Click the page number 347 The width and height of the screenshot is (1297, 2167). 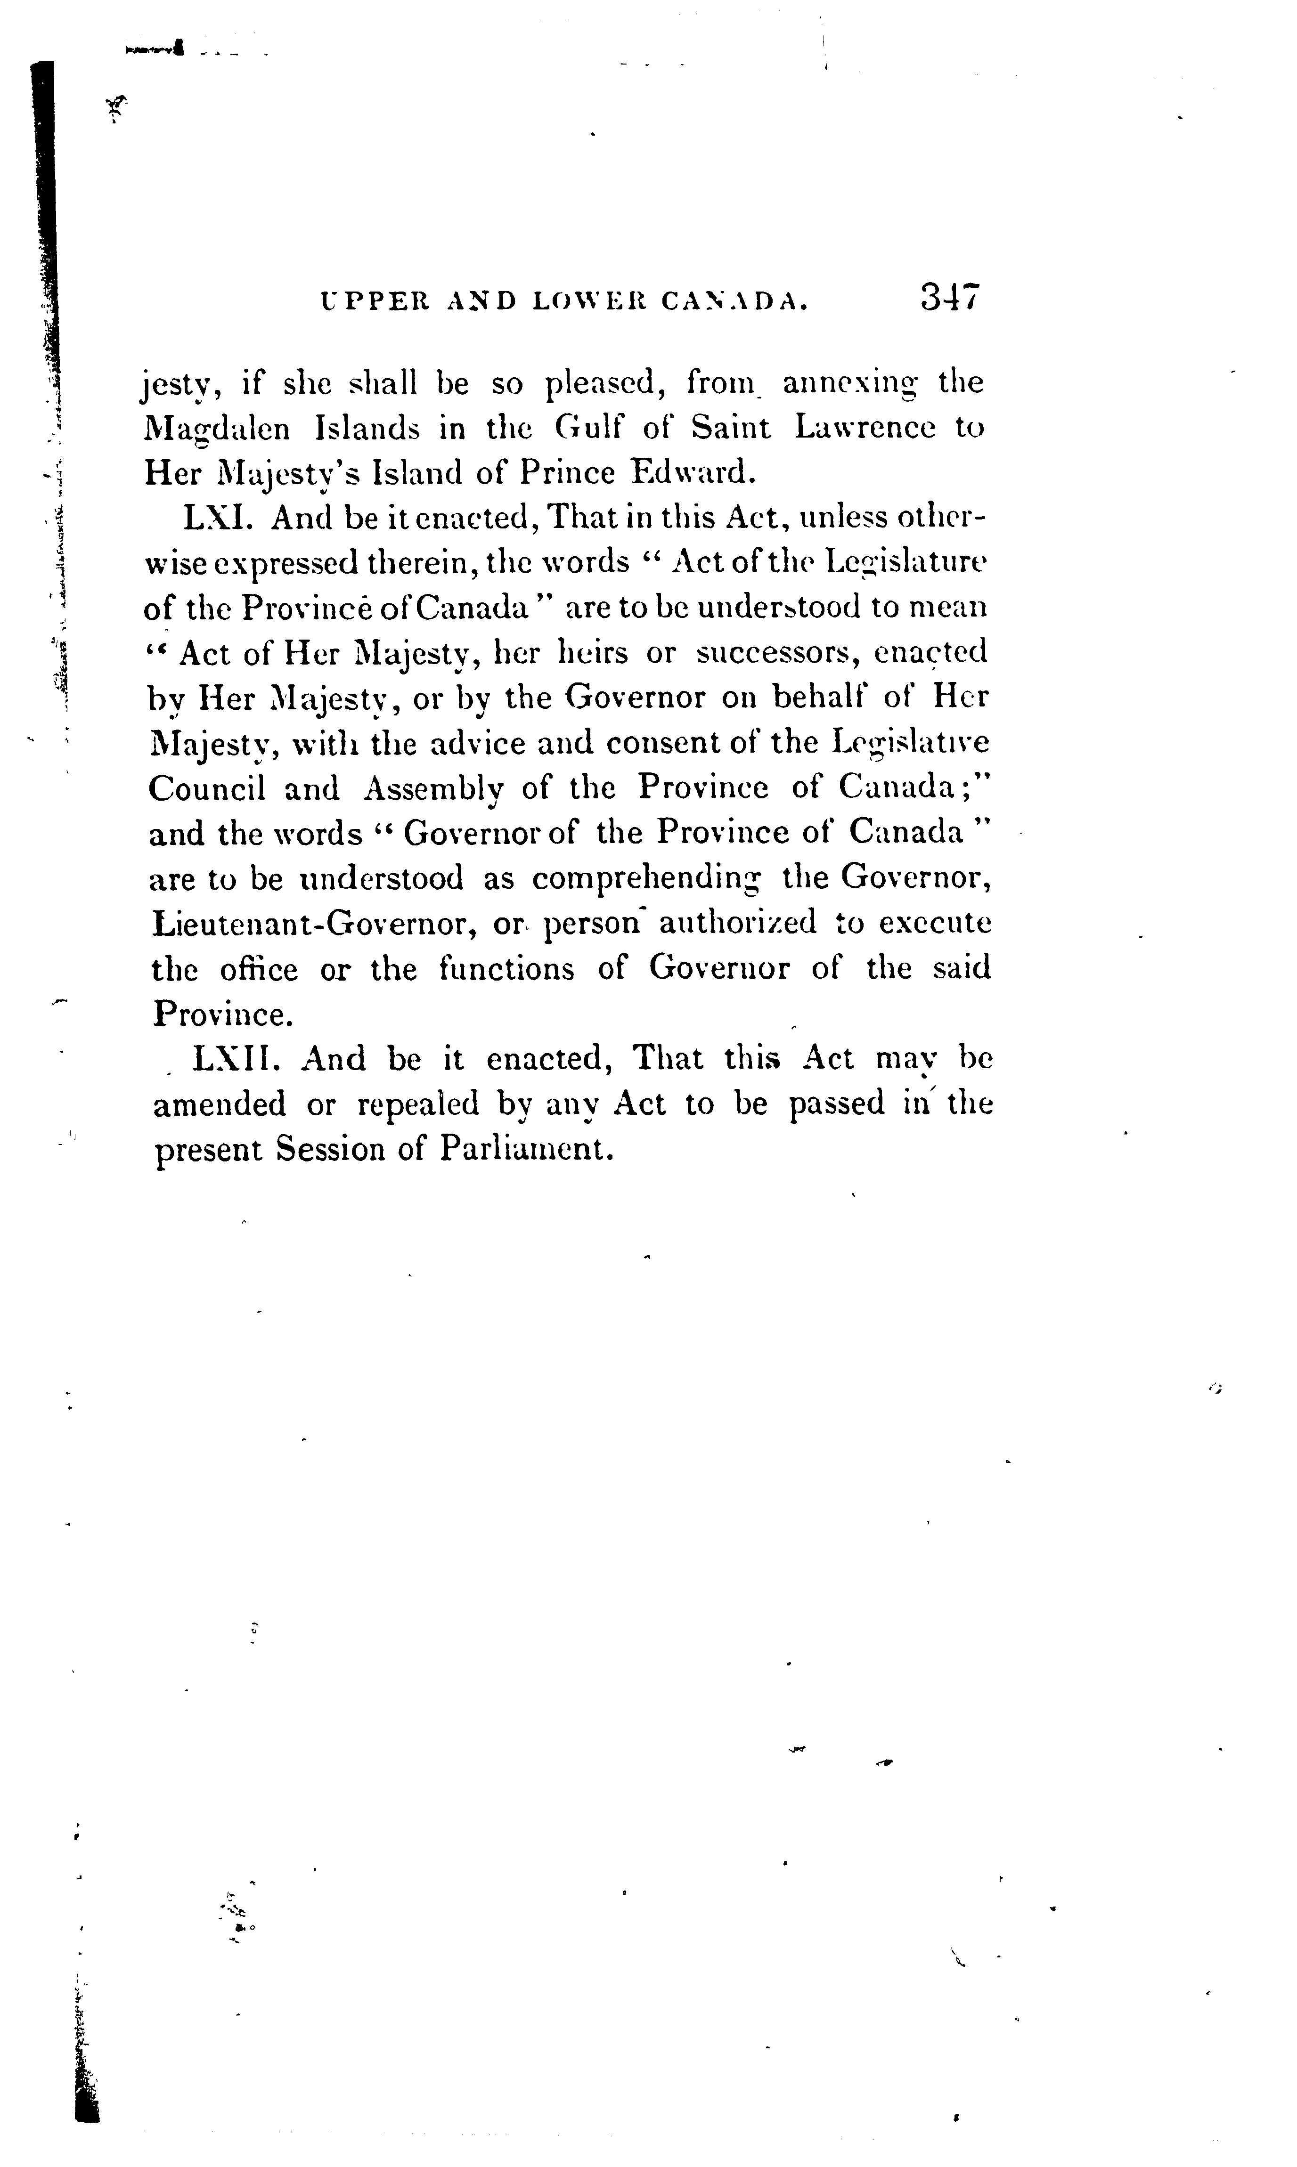pyautogui.click(x=951, y=298)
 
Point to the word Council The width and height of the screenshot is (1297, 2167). pyautogui.click(x=206, y=788)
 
